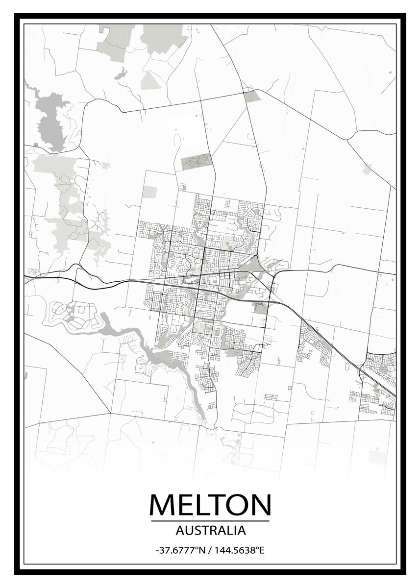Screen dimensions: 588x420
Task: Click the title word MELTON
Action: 210,504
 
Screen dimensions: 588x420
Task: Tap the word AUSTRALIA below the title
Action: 210,530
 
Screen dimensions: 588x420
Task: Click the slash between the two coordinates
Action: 210,550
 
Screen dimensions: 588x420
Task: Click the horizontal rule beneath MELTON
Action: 210,520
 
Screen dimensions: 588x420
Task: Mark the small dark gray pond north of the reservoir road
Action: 121,74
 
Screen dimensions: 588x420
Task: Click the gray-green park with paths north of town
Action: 196,161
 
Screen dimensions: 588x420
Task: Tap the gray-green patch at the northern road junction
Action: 252,96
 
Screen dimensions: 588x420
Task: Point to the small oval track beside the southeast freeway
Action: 347,365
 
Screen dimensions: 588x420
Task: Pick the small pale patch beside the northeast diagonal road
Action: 367,170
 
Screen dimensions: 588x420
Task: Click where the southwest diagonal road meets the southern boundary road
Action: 110,413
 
